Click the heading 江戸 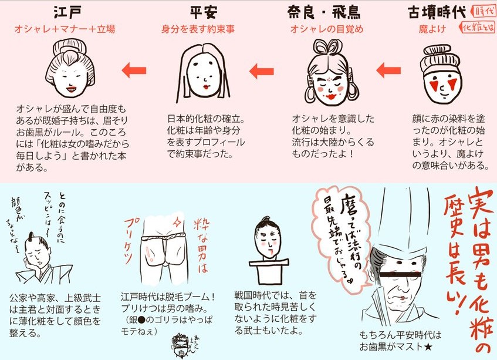point(66,13)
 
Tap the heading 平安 point(203,13)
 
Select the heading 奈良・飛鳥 point(324,13)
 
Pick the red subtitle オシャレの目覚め point(324,28)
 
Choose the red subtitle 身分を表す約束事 point(203,28)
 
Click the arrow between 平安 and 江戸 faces point(134,72)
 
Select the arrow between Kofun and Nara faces point(387,72)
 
